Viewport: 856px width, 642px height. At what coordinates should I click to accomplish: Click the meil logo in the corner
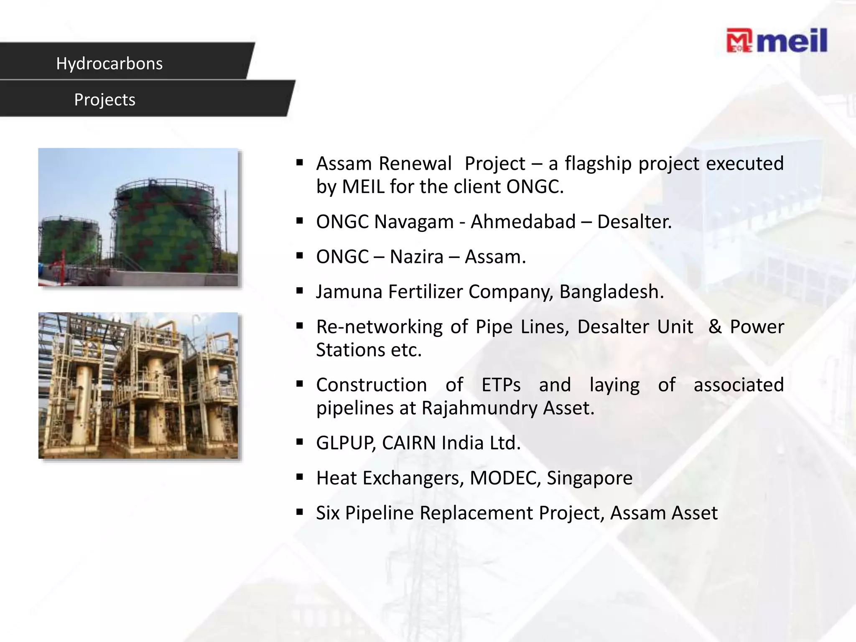point(777,41)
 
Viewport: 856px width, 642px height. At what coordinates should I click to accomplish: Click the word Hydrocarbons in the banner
point(109,64)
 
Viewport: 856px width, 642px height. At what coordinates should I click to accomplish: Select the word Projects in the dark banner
point(104,100)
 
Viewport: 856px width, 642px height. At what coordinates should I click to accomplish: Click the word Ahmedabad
point(523,222)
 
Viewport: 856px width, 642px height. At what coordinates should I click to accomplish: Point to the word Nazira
point(416,257)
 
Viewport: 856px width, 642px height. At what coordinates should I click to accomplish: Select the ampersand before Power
point(714,326)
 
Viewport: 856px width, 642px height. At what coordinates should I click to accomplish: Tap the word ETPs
point(501,385)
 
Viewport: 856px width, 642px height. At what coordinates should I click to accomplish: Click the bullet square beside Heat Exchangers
point(299,477)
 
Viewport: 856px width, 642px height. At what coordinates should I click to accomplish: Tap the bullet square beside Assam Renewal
point(299,163)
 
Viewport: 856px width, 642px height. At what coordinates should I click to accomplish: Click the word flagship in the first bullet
point(598,163)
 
